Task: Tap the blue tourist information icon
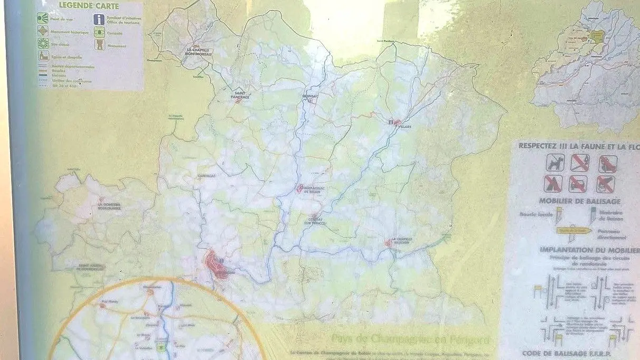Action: pos(99,20)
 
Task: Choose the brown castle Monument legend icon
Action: pos(99,45)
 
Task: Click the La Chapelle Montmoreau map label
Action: pos(196,52)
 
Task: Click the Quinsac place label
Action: pos(310,96)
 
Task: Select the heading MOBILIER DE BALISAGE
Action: pos(571,201)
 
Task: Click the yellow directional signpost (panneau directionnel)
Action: pos(573,230)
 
